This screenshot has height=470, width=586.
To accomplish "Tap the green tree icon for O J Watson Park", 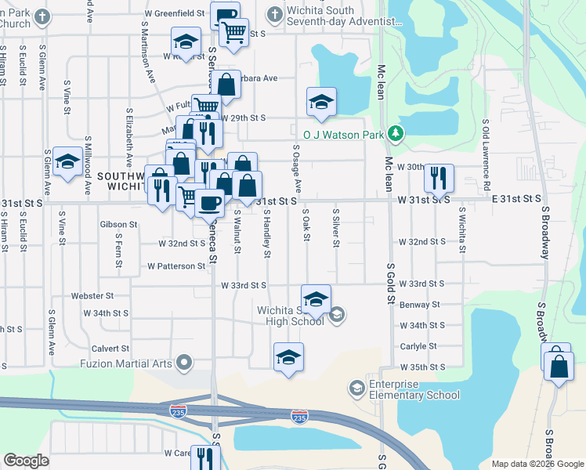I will [397, 134].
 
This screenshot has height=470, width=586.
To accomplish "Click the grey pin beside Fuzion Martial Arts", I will [184, 362].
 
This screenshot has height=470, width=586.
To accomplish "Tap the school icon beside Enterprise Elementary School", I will [356, 388].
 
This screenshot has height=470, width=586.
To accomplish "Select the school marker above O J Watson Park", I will [321, 102].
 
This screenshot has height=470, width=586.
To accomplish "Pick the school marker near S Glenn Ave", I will [68, 163].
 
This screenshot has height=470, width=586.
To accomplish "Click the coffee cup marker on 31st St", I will [209, 203].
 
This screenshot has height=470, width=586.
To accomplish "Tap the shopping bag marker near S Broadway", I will [559, 368].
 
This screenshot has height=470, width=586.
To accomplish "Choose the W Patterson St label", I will [176, 266].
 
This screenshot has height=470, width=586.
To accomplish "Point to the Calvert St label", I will [110, 348].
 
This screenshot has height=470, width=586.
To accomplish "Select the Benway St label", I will [419, 305].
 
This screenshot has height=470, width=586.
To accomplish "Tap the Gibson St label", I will [118, 224].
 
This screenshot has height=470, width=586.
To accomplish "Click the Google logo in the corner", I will [26, 461].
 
